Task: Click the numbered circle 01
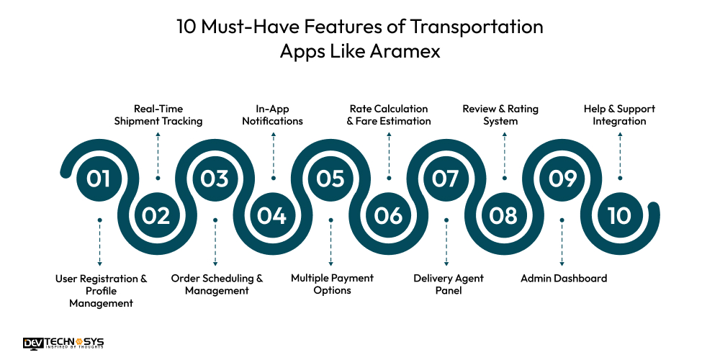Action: pyautogui.click(x=99, y=179)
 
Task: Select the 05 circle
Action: pyautogui.click(x=330, y=179)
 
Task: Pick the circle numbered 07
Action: pyautogui.click(x=446, y=179)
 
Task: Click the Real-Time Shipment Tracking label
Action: pyautogui.click(x=158, y=115)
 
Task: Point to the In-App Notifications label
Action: pyautogui.click(x=273, y=115)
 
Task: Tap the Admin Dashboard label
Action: pyautogui.click(x=564, y=278)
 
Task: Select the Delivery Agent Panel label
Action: pyautogui.click(x=449, y=284)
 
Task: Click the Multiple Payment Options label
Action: pyautogui.click(x=332, y=284)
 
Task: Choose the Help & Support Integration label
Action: pyautogui.click(x=619, y=115)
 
